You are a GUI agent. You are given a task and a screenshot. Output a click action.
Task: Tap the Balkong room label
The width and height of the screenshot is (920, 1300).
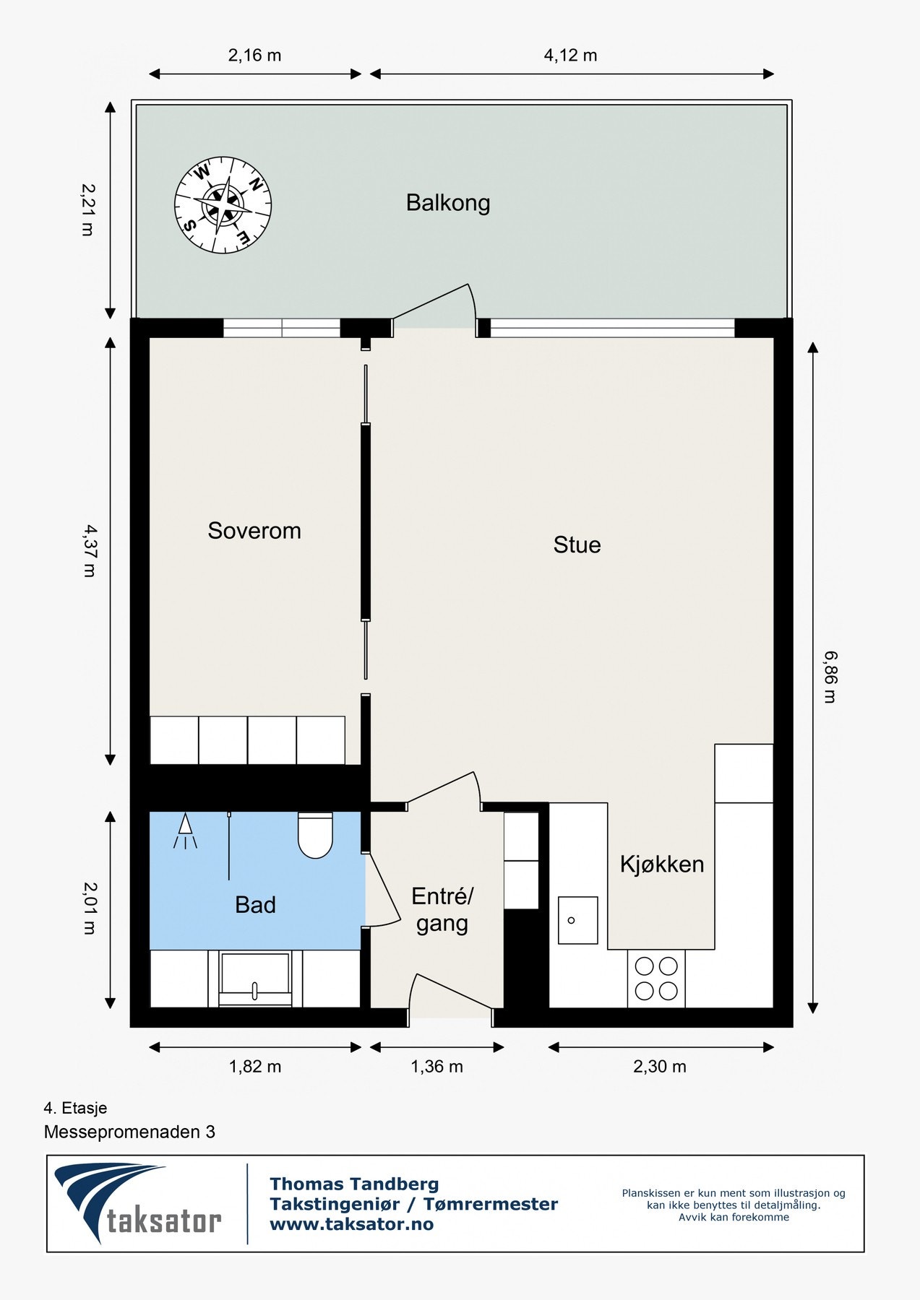click(448, 203)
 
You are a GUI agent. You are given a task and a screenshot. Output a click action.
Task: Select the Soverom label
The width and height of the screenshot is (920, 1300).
click(254, 531)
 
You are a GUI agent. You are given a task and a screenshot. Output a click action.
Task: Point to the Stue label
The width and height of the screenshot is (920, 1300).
click(577, 545)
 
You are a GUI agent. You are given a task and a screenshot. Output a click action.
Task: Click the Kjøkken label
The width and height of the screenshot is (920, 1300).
click(662, 864)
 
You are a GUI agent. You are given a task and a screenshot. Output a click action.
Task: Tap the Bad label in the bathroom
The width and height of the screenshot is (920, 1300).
click(256, 905)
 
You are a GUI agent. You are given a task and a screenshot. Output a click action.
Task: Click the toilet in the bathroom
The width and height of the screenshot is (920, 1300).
click(315, 836)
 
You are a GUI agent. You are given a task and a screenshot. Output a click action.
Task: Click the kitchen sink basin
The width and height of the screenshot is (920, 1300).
click(577, 920)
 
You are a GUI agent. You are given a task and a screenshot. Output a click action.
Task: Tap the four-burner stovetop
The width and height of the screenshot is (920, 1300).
click(656, 978)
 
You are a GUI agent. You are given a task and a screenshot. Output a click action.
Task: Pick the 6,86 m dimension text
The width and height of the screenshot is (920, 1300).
click(831, 677)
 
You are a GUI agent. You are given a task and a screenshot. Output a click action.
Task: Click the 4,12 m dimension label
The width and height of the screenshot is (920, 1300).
click(570, 56)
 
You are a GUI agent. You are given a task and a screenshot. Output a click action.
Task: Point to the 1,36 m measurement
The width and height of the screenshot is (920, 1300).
click(437, 1067)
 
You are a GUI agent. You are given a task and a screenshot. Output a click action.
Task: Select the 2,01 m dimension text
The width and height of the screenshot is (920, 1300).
click(90, 909)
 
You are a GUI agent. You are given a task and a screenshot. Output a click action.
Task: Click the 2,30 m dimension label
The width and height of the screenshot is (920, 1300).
click(660, 1067)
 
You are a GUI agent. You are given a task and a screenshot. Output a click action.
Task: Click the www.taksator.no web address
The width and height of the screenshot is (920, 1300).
click(352, 1224)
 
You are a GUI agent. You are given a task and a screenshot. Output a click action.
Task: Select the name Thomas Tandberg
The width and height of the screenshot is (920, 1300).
click(354, 1184)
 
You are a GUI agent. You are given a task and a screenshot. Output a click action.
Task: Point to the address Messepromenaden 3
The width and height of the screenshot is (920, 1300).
click(129, 1132)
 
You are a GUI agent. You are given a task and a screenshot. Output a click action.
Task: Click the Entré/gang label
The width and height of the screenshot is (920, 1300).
click(442, 910)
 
